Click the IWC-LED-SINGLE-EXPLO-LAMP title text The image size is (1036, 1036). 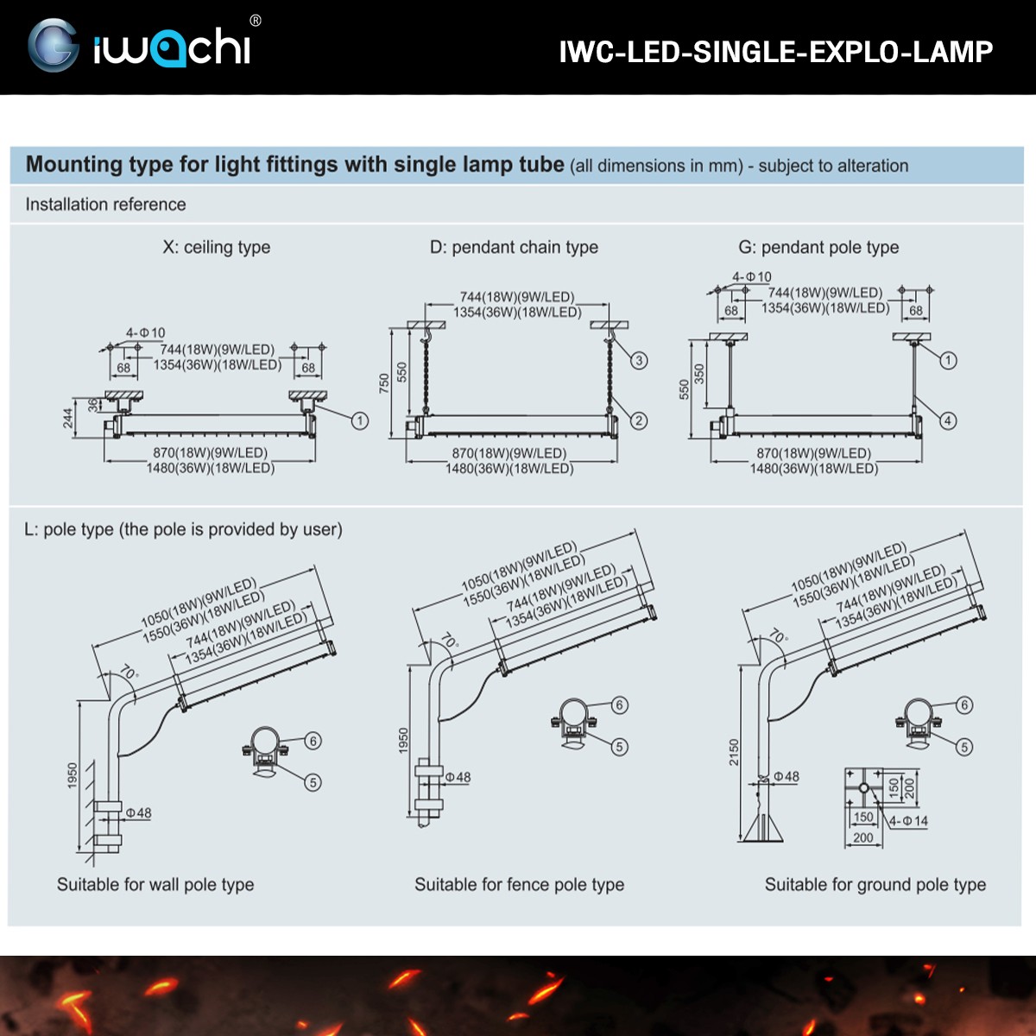775,52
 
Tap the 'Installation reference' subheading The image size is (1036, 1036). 105,205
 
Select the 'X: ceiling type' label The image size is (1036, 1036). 216,247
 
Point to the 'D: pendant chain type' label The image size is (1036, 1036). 514,247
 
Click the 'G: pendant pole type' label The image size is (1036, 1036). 818,247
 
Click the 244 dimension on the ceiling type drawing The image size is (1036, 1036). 68,418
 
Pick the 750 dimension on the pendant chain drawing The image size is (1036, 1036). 385,382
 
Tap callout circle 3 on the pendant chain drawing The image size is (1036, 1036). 639,360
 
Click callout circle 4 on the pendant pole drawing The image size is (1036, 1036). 948,420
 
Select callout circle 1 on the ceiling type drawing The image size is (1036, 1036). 360,420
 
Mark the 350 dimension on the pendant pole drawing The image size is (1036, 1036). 699,374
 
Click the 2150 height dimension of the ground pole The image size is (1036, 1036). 734,752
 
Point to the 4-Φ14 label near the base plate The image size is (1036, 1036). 908,821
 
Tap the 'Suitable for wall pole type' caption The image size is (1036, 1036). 155,884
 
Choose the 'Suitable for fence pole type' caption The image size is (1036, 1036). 519,884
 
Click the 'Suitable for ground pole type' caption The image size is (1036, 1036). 875,884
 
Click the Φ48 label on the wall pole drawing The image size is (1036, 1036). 138,812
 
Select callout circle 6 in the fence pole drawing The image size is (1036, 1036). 619,704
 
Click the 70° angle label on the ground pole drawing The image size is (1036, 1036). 778,636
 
